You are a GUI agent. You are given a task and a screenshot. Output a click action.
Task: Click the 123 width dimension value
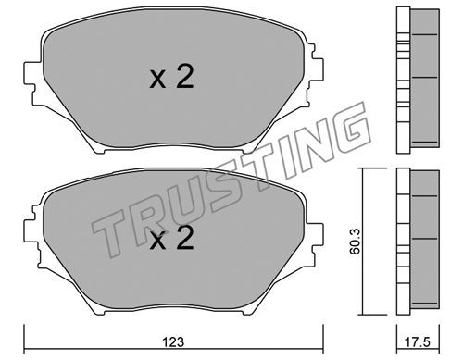point(173,341)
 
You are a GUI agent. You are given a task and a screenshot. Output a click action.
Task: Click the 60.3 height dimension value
point(355,242)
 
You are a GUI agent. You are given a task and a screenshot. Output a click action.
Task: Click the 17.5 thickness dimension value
point(419,341)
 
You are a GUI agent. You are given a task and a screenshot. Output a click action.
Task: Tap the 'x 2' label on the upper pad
point(171,78)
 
